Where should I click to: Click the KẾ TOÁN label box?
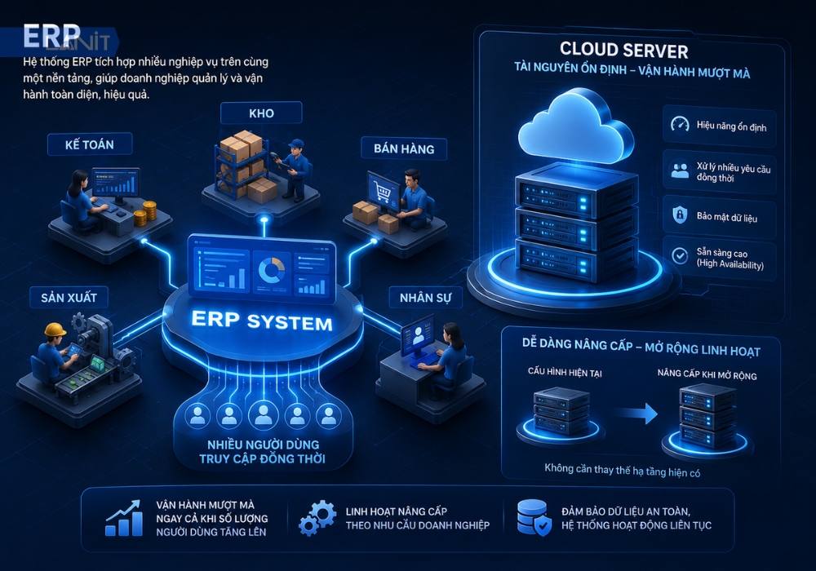click(90, 144)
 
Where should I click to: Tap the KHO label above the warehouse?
click(261, 113)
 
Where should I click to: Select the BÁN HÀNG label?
click(404, 148)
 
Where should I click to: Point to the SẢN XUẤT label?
click(69, 298)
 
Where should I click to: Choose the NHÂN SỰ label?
click(426, 298)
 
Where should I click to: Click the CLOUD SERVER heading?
click(624, 50)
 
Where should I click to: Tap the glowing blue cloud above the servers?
click(575, 126)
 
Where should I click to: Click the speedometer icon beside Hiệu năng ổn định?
click(680, 124)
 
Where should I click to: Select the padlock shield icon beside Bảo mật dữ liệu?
click(680, 215)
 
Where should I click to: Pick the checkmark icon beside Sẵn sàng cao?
click(680, 255)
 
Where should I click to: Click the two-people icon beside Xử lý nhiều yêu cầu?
click(680, 170)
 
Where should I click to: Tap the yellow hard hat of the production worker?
click(55, 330)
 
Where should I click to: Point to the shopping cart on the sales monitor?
click(382, 193)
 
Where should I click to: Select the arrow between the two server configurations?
click(635, 414)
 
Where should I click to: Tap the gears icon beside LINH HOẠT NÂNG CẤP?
click(317, 518)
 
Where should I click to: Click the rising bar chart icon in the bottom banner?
click(124, 518)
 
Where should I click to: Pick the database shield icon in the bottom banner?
click(534, 518)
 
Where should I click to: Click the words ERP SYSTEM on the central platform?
click(262, 321)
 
